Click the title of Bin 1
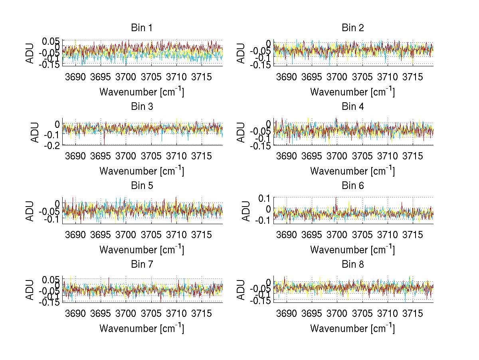(142, 28)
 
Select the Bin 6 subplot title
(353, 186)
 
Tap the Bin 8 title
(353, 265)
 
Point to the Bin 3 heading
(142, 107)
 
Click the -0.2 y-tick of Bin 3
(53, 145)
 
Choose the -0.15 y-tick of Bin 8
(260, 301)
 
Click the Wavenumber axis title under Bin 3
(142, 171)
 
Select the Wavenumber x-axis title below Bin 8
(352, 328)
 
